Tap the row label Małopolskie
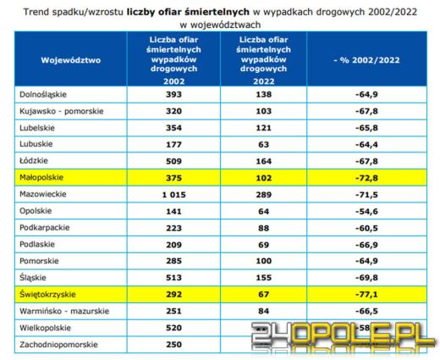(x=42, y=178)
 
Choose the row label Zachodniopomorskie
(x=58, y=345)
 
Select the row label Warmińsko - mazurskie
(x=64, y=312)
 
